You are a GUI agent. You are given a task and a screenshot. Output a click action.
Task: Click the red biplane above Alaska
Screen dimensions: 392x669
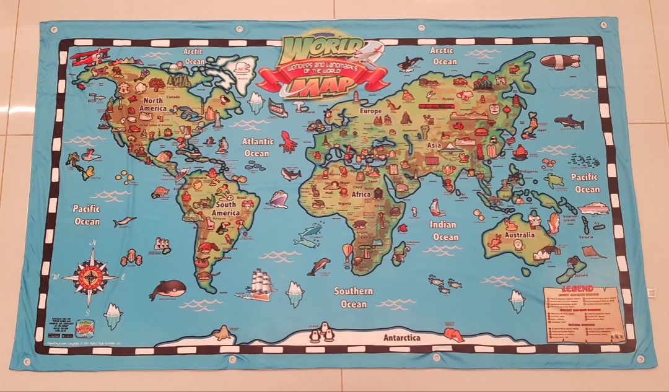coord(89,57)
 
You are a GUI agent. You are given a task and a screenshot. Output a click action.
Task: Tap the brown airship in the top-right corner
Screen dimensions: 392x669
coord(560,61)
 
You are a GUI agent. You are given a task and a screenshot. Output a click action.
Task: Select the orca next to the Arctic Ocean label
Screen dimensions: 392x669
coord(409,63)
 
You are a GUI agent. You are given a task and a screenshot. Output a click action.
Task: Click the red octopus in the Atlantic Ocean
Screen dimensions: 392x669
coord(288,142)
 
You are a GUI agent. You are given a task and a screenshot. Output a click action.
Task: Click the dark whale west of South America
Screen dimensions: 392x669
coord(168,288)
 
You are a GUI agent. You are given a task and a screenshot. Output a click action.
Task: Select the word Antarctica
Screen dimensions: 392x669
coord(401,338)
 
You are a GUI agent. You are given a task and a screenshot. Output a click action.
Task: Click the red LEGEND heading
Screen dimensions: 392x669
coord(577,289)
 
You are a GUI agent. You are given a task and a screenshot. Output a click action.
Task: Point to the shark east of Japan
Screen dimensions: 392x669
coord(569,121)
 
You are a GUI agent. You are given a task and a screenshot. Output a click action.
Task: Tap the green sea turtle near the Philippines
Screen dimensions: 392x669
coord(554,181)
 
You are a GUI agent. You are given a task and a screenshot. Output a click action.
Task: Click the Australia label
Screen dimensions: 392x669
coord(519,235)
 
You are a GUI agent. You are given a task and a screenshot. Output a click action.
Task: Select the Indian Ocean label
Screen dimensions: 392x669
coord(445,230)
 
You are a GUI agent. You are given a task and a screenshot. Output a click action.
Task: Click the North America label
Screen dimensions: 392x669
coord(152,104)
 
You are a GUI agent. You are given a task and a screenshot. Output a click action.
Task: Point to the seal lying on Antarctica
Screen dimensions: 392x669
coord(221,334)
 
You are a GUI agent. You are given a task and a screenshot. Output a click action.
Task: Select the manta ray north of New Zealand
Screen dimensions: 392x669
coord(594,252)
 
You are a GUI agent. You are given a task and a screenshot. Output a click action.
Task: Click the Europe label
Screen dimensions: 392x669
coord(370,111)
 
